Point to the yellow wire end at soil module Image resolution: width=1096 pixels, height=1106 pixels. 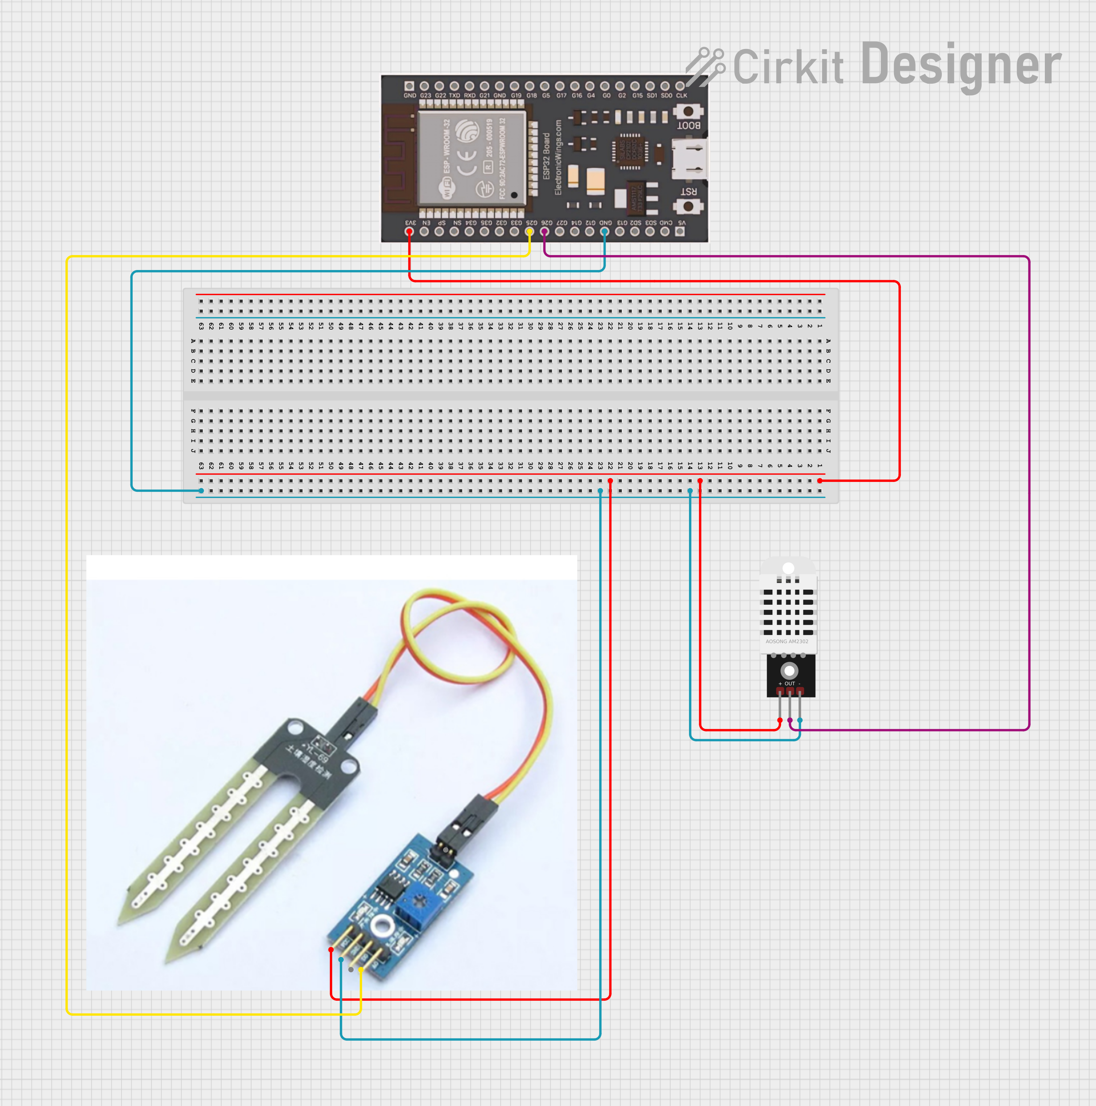pos(361,970)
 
